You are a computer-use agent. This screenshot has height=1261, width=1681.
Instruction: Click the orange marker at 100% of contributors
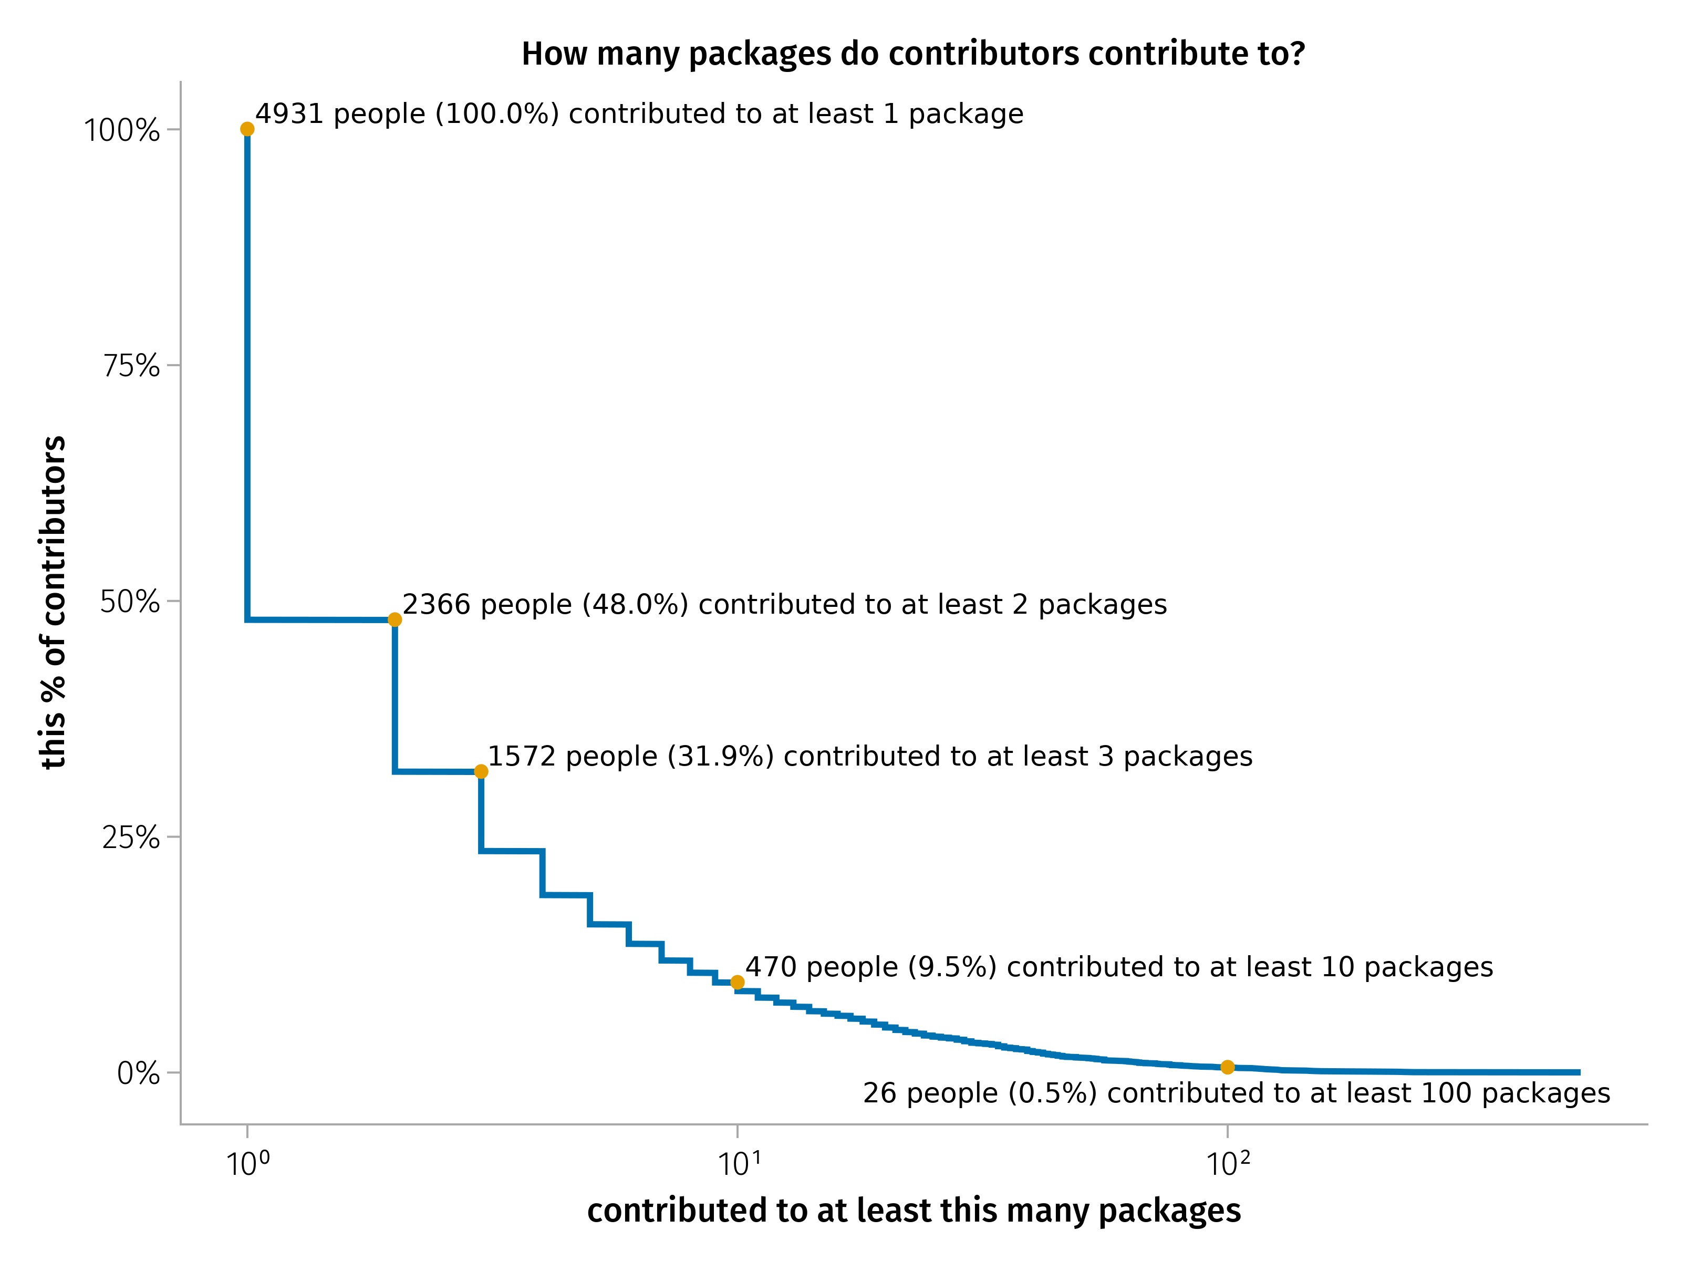247,129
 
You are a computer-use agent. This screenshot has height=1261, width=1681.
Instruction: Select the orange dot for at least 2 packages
395,619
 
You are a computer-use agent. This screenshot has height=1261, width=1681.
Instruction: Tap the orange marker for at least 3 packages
481,771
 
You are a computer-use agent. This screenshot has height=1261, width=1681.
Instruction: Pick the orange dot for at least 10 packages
737,982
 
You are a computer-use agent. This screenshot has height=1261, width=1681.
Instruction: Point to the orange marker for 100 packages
1227,1067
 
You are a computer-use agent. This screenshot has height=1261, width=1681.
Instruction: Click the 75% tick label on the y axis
131,366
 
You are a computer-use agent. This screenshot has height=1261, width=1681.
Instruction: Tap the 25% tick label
131,838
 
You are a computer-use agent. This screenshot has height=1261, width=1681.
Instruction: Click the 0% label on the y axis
138,1073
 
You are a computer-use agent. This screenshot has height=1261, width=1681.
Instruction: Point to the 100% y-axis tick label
121,130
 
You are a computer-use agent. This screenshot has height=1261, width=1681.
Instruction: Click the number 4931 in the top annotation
289,114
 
